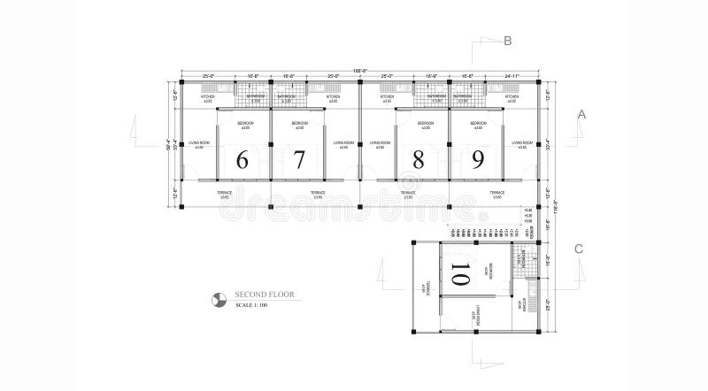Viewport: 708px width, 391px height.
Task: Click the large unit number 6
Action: point(242,160)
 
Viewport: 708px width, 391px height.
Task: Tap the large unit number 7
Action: point(299,160)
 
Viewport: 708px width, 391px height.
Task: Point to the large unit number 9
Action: point(478,160)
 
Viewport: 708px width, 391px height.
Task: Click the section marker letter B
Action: point(507,41)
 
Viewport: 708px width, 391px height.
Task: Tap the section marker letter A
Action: point(581,114)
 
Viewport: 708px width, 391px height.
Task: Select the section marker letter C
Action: point(578,249)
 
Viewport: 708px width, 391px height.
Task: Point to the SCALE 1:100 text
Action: point(252,306)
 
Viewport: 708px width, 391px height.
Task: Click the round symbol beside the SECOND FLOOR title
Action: point(219,299)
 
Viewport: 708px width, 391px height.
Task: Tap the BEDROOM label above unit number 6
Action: point(246,124)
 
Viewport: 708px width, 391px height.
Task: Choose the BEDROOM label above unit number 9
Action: point(479,124)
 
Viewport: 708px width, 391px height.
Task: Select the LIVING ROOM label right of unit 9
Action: point(522,143)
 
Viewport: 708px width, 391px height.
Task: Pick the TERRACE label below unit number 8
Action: point(408,193)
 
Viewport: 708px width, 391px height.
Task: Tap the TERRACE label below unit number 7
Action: point(318,193)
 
